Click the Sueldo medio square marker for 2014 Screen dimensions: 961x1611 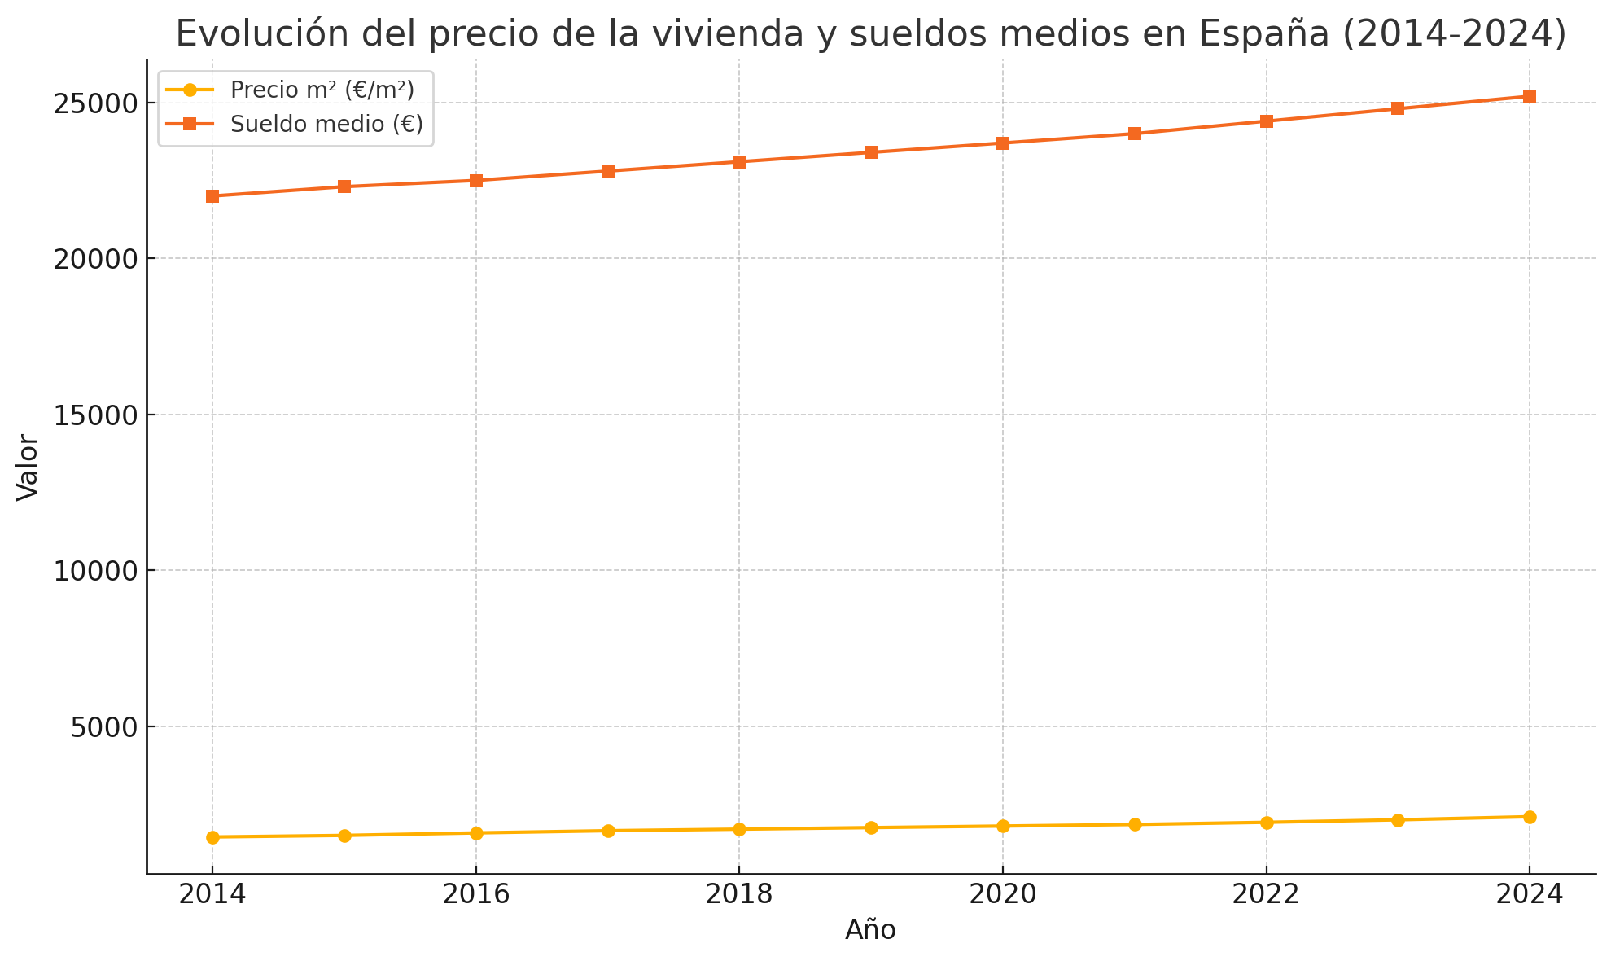(212, 196)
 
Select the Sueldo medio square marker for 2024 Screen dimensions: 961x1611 (1530, 96)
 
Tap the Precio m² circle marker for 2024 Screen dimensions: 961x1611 (1530, 817)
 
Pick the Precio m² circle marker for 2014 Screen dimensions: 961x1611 (212, 837)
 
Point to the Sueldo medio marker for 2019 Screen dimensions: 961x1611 (871, 152)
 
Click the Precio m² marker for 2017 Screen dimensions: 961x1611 (608, 831)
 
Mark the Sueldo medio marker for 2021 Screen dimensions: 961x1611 (1135, 134)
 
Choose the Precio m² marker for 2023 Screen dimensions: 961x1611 (1398, 820)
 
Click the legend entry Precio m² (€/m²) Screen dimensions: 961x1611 (322, 90)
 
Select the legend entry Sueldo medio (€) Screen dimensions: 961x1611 (326, 124)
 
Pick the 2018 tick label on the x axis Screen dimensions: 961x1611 (739, 894)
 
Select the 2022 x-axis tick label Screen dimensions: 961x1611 (1266, 894)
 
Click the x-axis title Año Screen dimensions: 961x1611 (870, 930)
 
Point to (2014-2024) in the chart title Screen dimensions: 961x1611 (1454, 34)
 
